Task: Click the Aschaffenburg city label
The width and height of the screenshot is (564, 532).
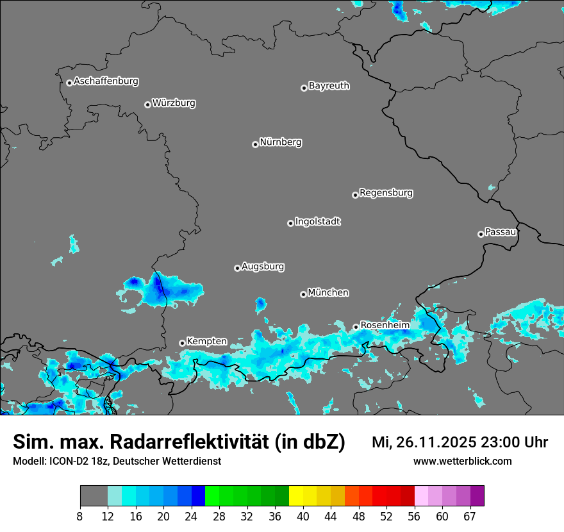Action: pyautogui.click(x=106, y=81)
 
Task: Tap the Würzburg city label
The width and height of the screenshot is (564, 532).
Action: pyautogui.click(x=174, y=103)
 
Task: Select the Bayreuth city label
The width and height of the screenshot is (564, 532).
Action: pyautogui.click(x=329, y=86)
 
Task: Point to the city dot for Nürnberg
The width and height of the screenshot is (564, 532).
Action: pyautogui.click(x=255, y=144)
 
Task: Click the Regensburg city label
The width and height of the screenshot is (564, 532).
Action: pyautogui.click(x=386, y=193)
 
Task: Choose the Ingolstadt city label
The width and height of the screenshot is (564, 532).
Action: pyautogui.click(x=317, y=222)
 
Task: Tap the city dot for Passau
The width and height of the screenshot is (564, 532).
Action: pyautogui.click(x=481, y=234)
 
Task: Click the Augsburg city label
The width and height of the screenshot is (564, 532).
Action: pyautogui.click(x=263, y=267)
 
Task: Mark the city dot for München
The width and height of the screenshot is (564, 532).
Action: pyautogui.click(x=303, y=295)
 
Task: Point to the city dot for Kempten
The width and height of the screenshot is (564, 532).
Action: pyautogui.click(x=182, y=343)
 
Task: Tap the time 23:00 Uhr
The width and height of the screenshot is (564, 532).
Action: pyautogui.click(x=517, y=442)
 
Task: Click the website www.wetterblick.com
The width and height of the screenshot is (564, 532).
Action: pyautogui.click(x=462, y=461)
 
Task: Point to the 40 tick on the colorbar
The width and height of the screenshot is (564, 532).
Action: pyautogui.click(x=303, y=516)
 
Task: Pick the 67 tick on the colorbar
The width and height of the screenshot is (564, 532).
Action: pyautogui.click(x=469, y=516)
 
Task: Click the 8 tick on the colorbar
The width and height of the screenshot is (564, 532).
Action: pyautogui.click(x=80, y=516)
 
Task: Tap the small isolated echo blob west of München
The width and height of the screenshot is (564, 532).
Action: pyautogui.click(x=260, y=303)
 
